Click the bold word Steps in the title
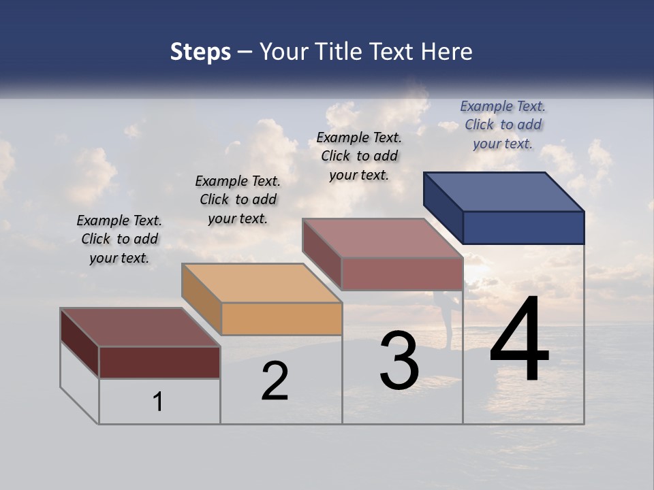pyautogui.click(x=200, y=52)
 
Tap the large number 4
pyautogui.click(x=519, y=340)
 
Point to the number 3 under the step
pyautogui.click(x=399, y=361)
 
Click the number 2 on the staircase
pyautogui.click(x=275, y=382)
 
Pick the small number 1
pyautogui.click(x=158, y=402)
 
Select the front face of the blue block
pyautogui.click(x=523, y=227)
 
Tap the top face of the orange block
pyautogui.click(x=262, y=283)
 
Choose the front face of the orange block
pyautogui.click(x=281, y=318)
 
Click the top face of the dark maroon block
pyautogui.click(x=140, y=327)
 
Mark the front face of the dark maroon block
pyautogui.click(x=159, y=362)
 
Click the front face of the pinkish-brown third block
pyautogui.click(x=402, y=274)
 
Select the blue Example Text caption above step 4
pyautogui.click(x=503, y=125)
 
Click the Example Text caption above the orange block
pyautogui.click(x=238, y=199)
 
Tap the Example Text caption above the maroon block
pyautogui.click(x=119, y=239)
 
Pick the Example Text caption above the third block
pyautogui.click(x=359, y=156)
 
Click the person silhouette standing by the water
pyautogui.click(x=448, y=320)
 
